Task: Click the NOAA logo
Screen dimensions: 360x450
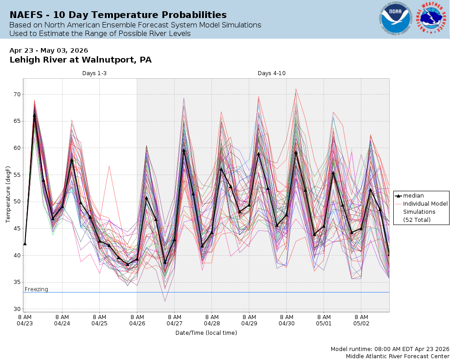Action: [x=395, y=19]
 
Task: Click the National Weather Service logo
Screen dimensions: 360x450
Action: [x=433, y=19]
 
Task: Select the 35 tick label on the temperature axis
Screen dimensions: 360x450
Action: [x=17, y=282]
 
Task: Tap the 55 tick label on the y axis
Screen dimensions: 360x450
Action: [x=17, y=175]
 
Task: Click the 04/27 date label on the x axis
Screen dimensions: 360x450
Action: [x=174, y=323]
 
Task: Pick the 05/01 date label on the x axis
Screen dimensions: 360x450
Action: [x=324, y=323]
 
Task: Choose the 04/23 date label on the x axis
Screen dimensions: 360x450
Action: [x=25, y=323]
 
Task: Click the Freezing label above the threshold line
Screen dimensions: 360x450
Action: [x=36, y=289]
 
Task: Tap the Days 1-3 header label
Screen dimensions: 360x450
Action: [x=94, y=73]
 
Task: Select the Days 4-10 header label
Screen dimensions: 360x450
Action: [x=271, y=73]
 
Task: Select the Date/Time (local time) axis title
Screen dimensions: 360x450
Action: [x=206, y=333]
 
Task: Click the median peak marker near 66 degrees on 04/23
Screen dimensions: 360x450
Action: [x=34, y=115]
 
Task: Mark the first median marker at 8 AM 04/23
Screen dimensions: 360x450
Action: [x=25, y=243]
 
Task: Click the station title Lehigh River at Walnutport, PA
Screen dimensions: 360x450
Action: [x=81, y=60]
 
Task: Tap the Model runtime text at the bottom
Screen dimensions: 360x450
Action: [x=390, y=349]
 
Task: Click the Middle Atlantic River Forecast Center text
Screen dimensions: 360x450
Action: [x=397, y=356]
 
